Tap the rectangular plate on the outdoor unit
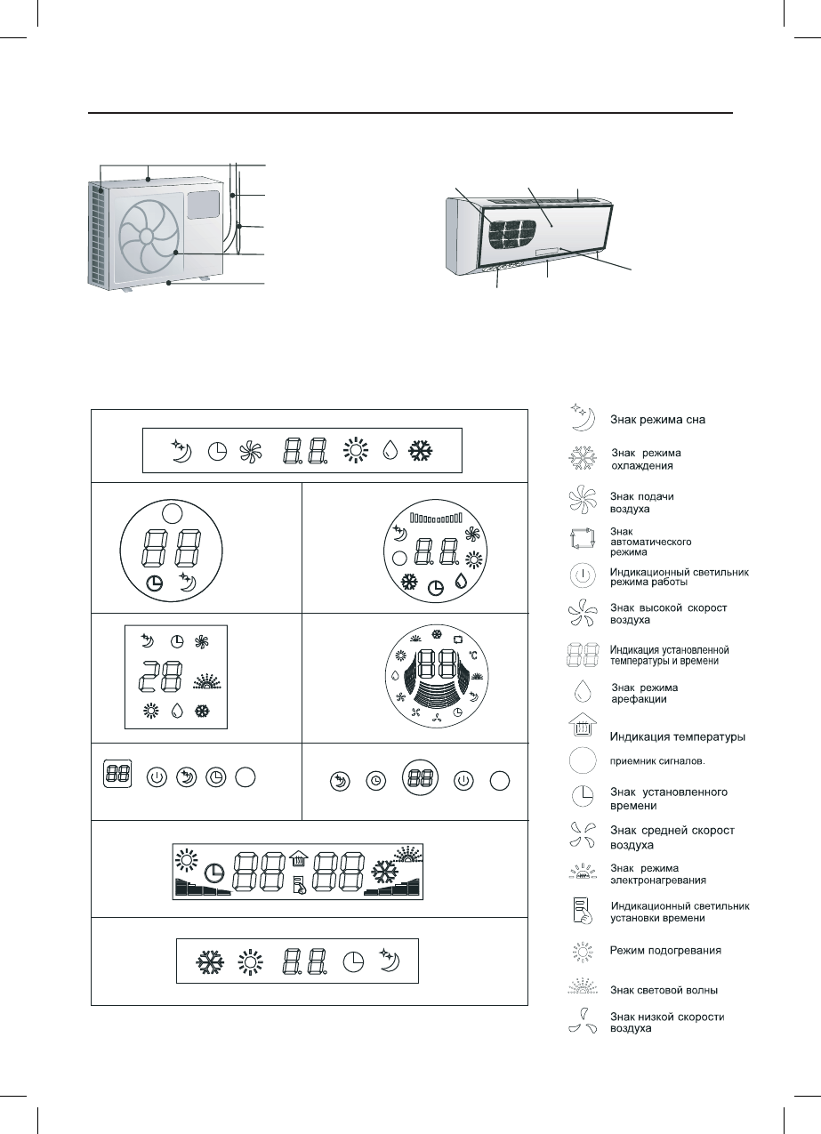(202, 205)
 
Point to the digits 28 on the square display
(163, 680)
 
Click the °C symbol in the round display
(472, 655)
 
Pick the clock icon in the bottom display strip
(353, 961)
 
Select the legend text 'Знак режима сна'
(657, 419)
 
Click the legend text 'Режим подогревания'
(665, 950)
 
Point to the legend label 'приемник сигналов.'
(656, 760)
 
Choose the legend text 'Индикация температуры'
(677, 736)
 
